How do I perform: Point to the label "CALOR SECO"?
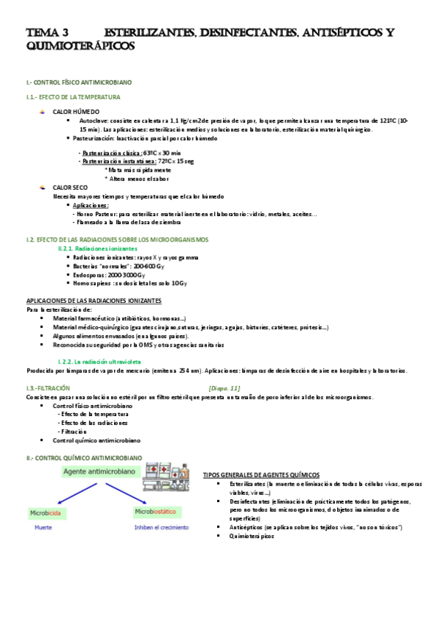click(70, 188)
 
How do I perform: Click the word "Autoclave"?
click(94, 120)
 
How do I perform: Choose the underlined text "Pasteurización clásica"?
click(107, 153)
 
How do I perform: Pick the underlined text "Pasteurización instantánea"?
click(113, 161)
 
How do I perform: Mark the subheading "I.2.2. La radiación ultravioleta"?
click(99, 362)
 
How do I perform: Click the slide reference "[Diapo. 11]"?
click(224, 388)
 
